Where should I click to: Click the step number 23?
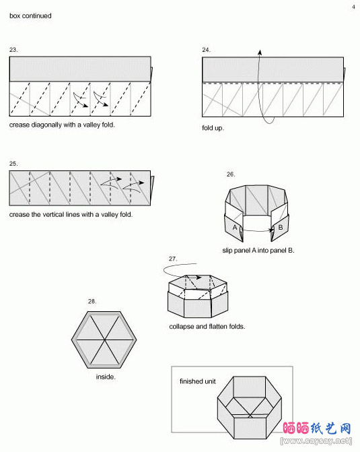click(x=13, y=50)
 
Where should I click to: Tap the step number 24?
click(x=206, y=50)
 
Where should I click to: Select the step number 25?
click(x=13, y=164)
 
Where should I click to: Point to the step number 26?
click(x=231, y=174)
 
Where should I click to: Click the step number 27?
click(x=173, y=259)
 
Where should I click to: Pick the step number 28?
click(x=92, y=302)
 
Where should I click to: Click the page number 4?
click(x=354, y=7)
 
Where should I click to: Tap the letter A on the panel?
click(x=235, y=228)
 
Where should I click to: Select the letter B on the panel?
click(x=281, y=227)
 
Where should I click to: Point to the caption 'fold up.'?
click(x=213, y=128)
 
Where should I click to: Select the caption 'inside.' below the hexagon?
click(x=106, y=377)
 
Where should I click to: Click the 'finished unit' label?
click(x=198, y=381)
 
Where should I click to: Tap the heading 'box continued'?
click(x=30, y=16)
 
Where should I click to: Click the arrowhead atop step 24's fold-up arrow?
click(x=260, y=52)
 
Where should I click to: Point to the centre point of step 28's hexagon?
click(x=104, y=340)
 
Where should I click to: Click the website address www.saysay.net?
click(x=316, y=441)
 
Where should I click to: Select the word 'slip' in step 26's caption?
click(x=227, y=251)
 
